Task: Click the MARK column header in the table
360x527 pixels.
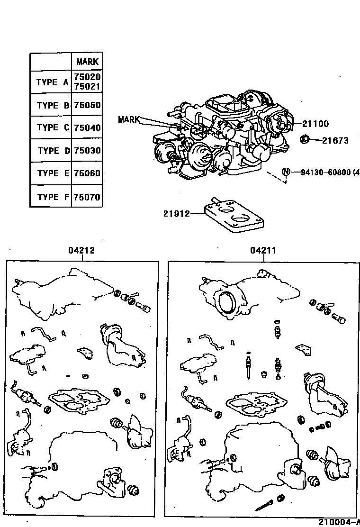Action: [87, 62]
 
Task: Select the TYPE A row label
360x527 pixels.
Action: [52, 82]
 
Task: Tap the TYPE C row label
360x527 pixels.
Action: [52, 127]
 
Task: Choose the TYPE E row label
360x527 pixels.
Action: [52, 173]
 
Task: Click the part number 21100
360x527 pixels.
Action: [315, 124]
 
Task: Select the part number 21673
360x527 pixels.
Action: [335, 140]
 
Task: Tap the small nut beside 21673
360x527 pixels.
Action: [306, 139]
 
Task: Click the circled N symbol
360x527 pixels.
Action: [286, 172]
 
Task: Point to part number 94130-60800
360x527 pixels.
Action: [327, 172]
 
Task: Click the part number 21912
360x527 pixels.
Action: [176, 214]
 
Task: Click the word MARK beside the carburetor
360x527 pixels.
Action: [129, 119]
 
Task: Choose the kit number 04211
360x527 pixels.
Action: [263, 251]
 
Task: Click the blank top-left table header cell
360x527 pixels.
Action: [51, 62]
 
